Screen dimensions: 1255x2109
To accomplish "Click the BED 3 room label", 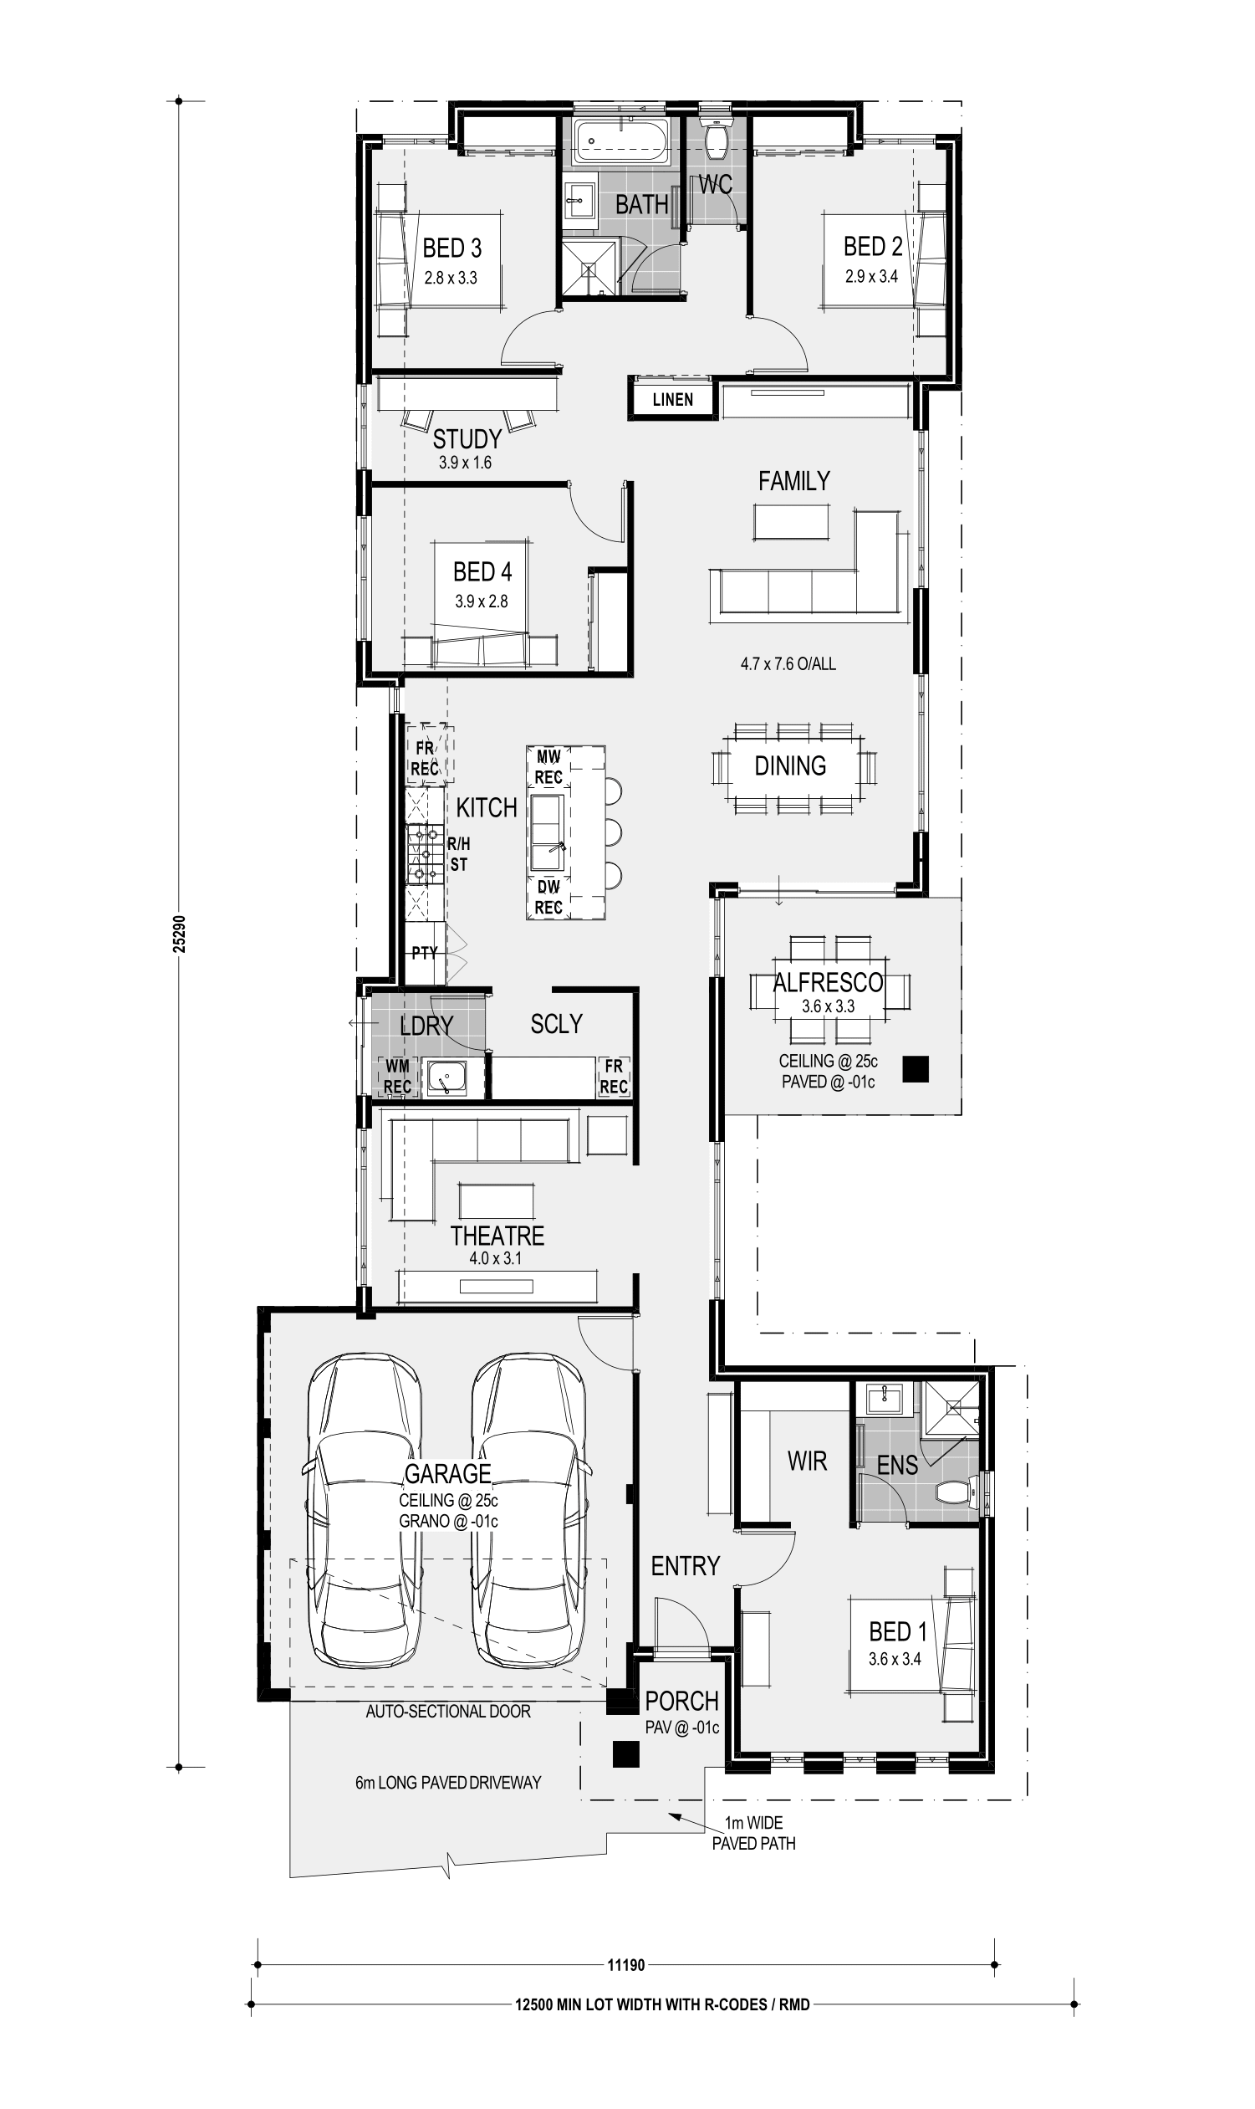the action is (x=451, y=248).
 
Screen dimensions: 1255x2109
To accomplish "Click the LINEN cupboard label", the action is (x=672, y=399).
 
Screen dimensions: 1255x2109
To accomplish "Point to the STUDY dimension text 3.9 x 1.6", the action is (x=465, y=463).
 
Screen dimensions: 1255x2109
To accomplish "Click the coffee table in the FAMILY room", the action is (x=792, y=521).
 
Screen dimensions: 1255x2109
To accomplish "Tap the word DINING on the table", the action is (x=790, y=765).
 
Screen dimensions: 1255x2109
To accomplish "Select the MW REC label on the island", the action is (x=548, y=766).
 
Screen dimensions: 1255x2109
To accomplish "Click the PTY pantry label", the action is (x=425, y=953).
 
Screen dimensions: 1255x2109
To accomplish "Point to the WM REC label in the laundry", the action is (x=397, y=1076).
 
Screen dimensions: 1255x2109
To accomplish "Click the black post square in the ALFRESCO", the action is (x=915, y=1069).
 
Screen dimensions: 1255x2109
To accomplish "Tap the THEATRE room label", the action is (x=497, y=1235).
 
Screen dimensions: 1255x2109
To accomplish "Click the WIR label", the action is (x=807, y=1461).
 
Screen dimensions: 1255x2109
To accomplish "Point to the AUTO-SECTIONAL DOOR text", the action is (x=448, y=1712).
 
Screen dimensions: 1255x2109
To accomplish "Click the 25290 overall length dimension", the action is (x=179, y=934).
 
